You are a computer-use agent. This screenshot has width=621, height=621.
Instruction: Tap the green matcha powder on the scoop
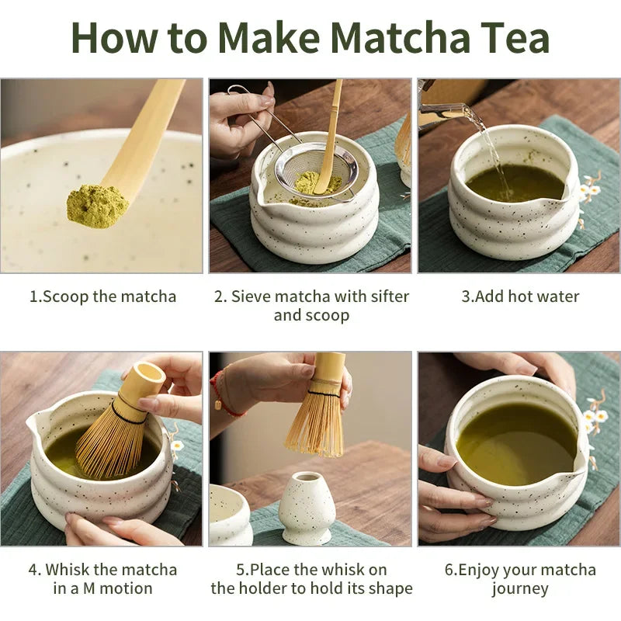[97, 205]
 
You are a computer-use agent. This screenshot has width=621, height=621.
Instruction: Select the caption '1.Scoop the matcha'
[102, 297]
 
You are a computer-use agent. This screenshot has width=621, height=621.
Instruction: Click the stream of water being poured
[491, 147]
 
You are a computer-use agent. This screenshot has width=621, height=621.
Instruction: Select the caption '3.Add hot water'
[520, 297]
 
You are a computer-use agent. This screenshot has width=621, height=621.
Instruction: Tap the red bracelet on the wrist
[221, 394]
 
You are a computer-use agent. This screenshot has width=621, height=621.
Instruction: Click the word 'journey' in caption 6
[520, 588]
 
